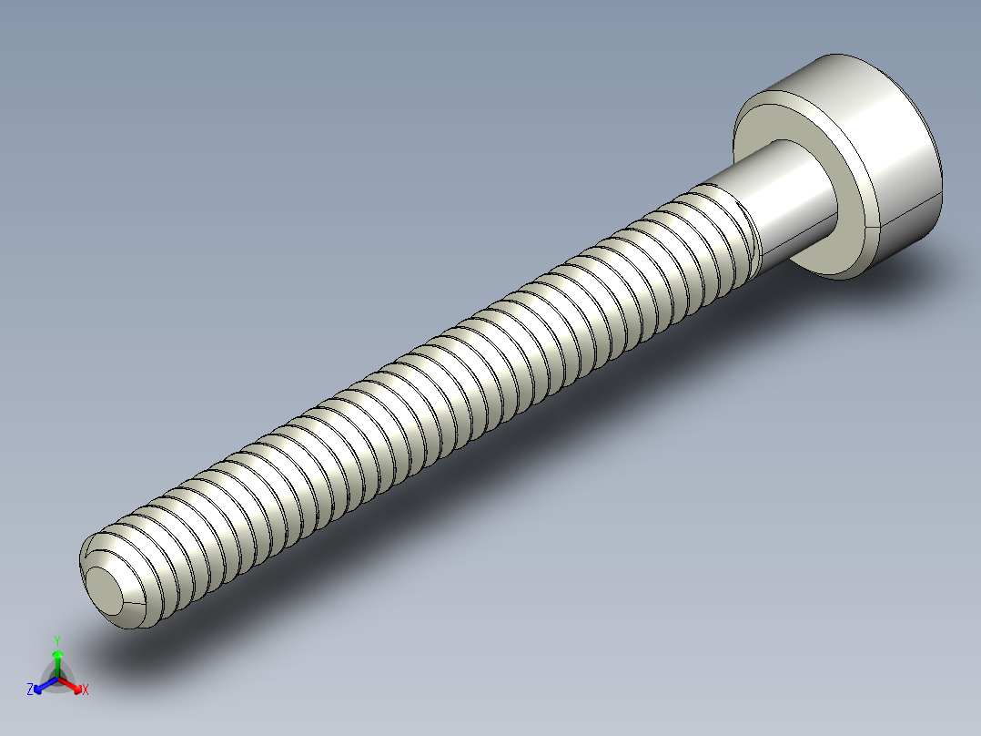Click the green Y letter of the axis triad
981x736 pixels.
(57, 640)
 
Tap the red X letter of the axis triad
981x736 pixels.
(86, 690)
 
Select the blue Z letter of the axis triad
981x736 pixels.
(30, 690)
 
